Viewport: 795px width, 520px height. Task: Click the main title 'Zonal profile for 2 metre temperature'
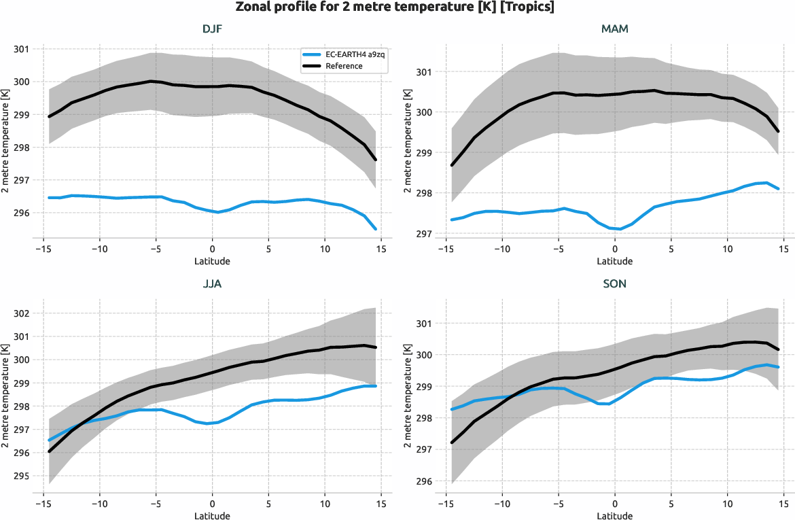tap(397, 7)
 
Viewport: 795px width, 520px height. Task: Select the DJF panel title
tap(212, 29)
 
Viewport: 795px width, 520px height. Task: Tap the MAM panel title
tap(615, 29)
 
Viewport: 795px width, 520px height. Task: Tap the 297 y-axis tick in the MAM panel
tap(423, 234)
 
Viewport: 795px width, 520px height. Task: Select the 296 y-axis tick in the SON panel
tap(423, 481)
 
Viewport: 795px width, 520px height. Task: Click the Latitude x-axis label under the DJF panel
tap(212, 261)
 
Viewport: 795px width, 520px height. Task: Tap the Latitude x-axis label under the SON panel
tap(615, 516)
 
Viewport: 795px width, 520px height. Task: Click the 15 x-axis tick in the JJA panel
tap(381, 504)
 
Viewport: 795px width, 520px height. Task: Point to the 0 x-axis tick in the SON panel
tap(615, 504)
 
